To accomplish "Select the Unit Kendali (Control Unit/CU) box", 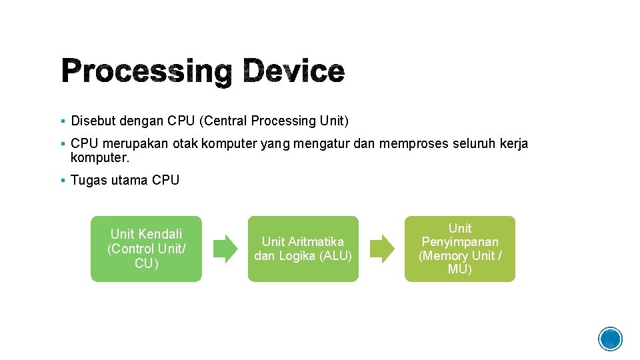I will [x=146, y=249].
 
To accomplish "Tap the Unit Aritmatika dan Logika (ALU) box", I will [x=303, y=249].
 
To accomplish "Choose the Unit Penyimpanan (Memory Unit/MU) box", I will [x=459, y=249].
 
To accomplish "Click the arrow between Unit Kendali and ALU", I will [x=225, y=249].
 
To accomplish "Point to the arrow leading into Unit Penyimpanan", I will [x=382, y=249].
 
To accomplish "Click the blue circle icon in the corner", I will [x=610, y=339].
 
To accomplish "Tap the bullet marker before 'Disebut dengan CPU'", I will [x=61, y=121].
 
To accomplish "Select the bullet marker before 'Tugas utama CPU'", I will [x=61, y=181].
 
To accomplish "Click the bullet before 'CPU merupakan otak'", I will [x=61, y=144].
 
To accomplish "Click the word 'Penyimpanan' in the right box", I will [x=459, y=242].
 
